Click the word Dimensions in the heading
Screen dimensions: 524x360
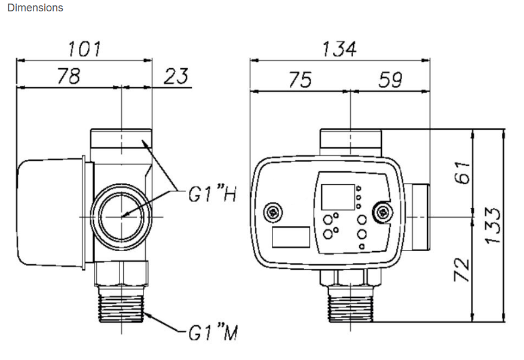tap(35, 8)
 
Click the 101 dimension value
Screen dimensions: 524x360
tap(84, 49)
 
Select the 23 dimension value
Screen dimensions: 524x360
tap(176, 76)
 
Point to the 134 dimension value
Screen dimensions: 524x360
tap(339, 49)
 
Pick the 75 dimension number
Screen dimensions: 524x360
tap(300, 80)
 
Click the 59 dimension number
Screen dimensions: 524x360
tap(390, 80)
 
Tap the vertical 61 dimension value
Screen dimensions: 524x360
tap(462, 172)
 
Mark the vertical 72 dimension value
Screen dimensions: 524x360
tap(462, 269)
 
